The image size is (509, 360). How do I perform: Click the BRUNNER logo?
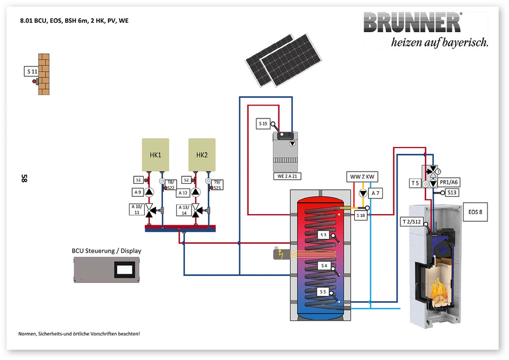coord(412,23)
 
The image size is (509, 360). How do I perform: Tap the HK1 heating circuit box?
coord(155,154)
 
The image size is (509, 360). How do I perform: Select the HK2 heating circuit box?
coord(201,154)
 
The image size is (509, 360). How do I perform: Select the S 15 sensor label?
coord(263,124)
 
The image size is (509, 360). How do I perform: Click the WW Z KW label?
coord(362,177)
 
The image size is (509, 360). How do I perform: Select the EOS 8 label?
coord(475,212)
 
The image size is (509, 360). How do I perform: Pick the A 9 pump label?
coord(137,192)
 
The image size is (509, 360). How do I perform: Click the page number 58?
coord(24,178)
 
